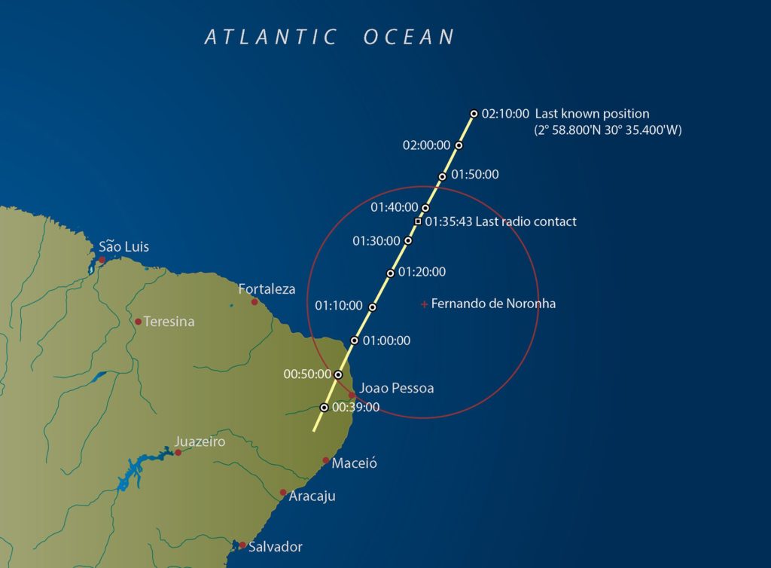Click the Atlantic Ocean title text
[x=330, y=37]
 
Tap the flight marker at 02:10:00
[x=474, y=114]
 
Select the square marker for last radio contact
[x=418, y=221]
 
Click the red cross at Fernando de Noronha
[x=425, y=304]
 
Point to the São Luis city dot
[x=102, y=260]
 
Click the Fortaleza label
[x=267, y=289]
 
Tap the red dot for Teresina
[x=139, y=322]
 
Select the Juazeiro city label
[x=200, y=442]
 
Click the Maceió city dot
[x=326, y=460]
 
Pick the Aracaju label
[x=312, y=496]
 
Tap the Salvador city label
[x=276, y=547]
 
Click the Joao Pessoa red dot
[x=352, y=395]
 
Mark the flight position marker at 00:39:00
[x=324, y=407]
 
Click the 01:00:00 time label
[x=386, y=340]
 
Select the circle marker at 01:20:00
[x=390, y=273]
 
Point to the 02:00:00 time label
[x=426, y=145]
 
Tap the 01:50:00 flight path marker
[x=443, y=176]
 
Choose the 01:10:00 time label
[x=339, y=306]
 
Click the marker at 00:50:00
[x=338, y=374]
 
